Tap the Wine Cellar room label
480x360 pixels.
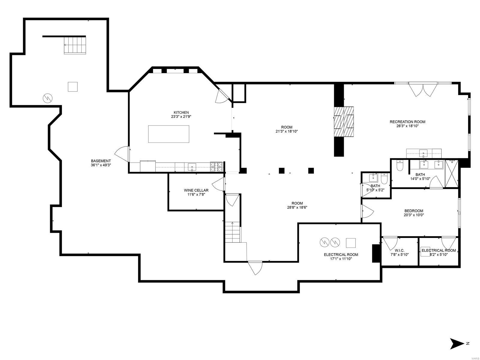click(196, 190)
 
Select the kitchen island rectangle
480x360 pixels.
click(169, 134)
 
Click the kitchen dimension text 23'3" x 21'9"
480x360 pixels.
click(181, 117)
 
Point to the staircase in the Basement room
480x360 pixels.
click(75, 45)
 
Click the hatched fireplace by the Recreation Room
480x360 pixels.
click(344, 121)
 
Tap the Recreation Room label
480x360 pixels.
click(407, 122)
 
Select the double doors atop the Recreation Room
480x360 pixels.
click(422, 89)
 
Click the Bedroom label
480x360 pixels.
click(413, 211)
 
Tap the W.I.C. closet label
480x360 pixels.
click(399, 250)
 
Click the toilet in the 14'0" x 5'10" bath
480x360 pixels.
click(400, 166)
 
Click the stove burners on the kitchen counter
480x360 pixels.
click(216, 166)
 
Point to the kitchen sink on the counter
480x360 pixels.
click(192, 166)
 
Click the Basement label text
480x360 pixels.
click(101, 161)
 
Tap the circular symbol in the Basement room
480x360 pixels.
click(48, 98)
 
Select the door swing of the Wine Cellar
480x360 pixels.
click(218, 184)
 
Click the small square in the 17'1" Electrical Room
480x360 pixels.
click(351, 242)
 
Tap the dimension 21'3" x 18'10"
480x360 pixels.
click(286, 131)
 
